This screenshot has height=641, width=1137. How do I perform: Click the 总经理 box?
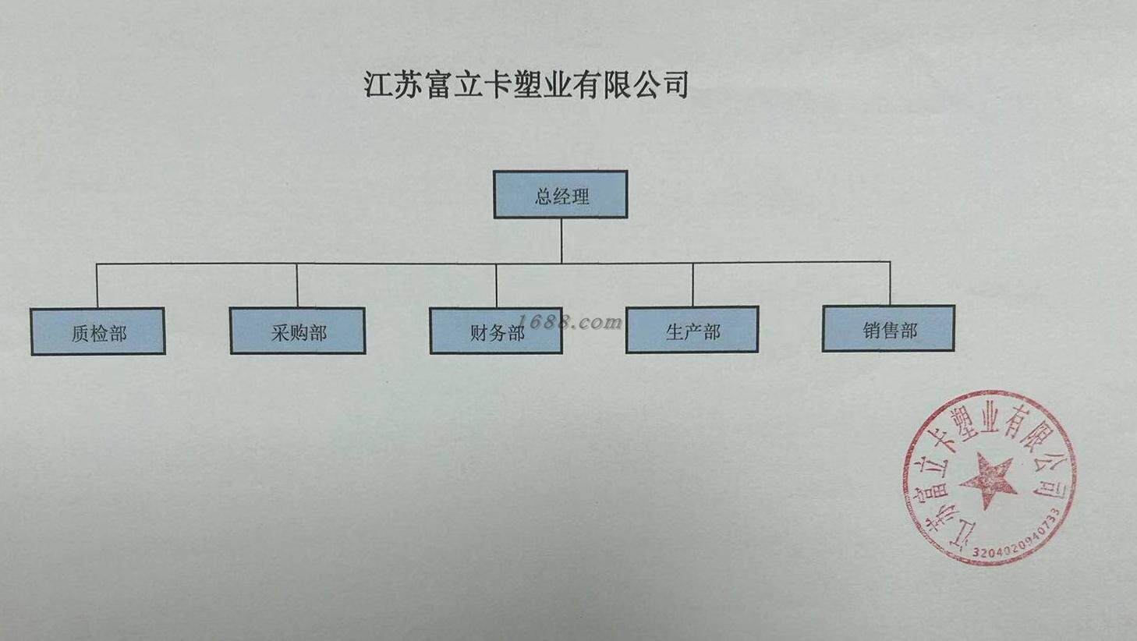pyautogui.click(x=560, y=194)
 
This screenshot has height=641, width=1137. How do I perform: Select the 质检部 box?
pyautogui.click(x=97, y=331)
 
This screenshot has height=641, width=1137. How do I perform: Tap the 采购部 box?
pyautogui.click(x=297, y=331)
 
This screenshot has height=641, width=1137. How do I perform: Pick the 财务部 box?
pyautogui.click(x=495, y=331)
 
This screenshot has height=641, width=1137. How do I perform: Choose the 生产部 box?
pyautogui.click(x=692, y=330)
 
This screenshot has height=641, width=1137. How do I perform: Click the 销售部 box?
pyautogui.click(x=888, y=328)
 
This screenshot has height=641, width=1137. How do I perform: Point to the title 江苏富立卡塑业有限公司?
pyautogui.click(x=526, y=84)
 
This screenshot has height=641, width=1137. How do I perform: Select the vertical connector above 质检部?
pyautogui.click(x=97, y=285)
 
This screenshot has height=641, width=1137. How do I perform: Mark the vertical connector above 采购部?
pyautogui.click(x=297, y=285)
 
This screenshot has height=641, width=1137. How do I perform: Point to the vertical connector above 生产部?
pyautogui.click(x=692, y=284)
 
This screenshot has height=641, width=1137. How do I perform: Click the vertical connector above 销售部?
pyautogui.click(x=890, y=282)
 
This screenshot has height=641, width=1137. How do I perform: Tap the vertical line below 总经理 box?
pyautogui.click(x=561, y=240)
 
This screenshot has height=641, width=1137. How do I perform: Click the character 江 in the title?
pyautogui.click(x=378, y=84)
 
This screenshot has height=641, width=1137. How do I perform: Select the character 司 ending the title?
pyautogui.click(x=675, y=84)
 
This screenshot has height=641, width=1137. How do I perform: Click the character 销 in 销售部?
pyautogui.click(x=871, y=330)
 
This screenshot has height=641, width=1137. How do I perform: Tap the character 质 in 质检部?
pyautogui.click(x=80, y=334)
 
